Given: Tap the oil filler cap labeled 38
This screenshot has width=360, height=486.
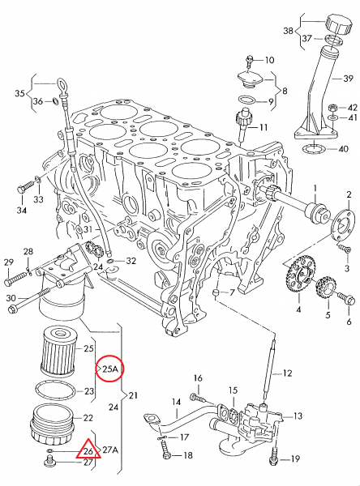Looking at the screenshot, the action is tap(339, 23).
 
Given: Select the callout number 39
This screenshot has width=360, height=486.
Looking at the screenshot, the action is tap(348, 78).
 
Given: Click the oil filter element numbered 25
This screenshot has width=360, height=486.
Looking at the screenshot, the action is tap(58, 351).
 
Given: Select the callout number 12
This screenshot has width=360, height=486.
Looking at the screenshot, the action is tap(287, 373).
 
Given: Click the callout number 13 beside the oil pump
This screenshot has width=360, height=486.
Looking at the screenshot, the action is tap(298, 416).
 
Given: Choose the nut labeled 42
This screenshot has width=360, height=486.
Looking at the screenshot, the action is tap(332, 109).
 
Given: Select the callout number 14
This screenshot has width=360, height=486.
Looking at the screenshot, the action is tap(176, 402).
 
